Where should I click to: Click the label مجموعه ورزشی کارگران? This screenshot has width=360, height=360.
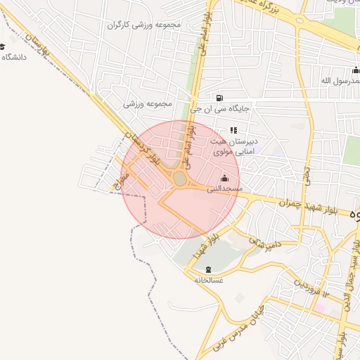coord(144,25)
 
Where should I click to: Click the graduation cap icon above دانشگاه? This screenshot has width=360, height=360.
coord(3,46)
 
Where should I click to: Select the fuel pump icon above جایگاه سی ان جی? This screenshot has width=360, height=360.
coord(220,97)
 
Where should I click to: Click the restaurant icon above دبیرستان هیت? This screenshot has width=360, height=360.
coord(233,129)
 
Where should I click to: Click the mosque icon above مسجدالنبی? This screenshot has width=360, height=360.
coord(224,177)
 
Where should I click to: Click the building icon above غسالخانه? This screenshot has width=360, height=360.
coord(208,269)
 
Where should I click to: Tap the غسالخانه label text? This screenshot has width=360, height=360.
coord(208,280)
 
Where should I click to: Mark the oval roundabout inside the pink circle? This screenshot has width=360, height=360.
coord(181,179)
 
